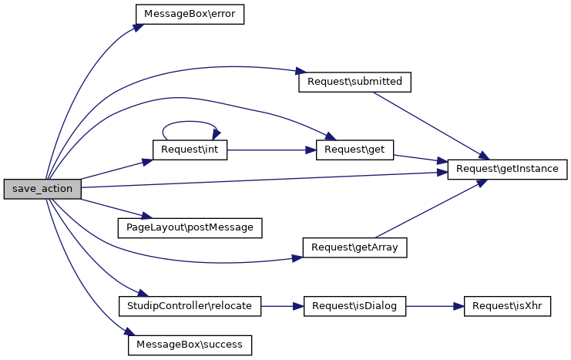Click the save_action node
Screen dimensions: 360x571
pyautogui.click(x=42, y=189)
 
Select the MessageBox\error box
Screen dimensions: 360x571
pyautogui.click(x=190, y=15)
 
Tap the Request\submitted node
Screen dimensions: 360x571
pyautogui.click(x=354, y=82)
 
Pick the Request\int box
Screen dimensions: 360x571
pyautogui.click(x=190, y=150)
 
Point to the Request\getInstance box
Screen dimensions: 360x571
pyautogui.click(x=507, y=169)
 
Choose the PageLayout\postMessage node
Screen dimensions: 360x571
pyautogui.click(x=190, y=227)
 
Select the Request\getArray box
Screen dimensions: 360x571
pyautogui.click(x=355, y=247)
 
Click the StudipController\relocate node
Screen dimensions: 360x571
pyautogui.click(x=190, y=306)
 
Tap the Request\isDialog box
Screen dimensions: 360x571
pyautogui.click(x=355, y=306)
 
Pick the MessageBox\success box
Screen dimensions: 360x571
pyautogui.click(x=190, y=345)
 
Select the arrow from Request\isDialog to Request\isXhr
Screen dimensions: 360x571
pyautogui.click(x=434, y=306)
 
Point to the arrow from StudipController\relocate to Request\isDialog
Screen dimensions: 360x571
pyautogui.click(x=283, y=306)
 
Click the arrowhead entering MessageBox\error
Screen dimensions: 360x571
pyautogui.click(x=139, y=27)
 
